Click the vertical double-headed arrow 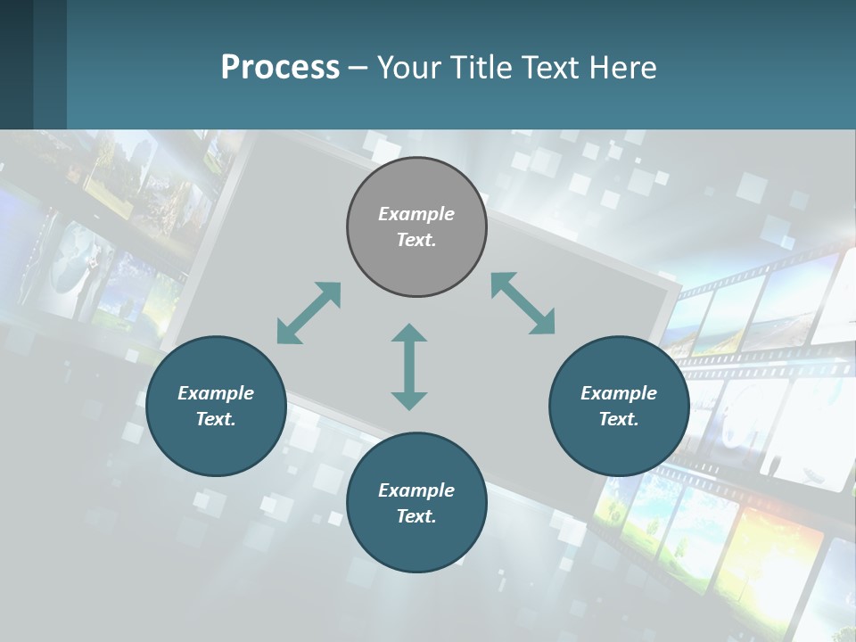point(409,366)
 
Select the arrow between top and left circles point(309,313)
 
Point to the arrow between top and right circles point(523,303)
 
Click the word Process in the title point(280,67)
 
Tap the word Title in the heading point(480,67)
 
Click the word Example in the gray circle point(416,214)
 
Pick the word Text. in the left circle point(216,419)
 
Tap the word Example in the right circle point(619,393)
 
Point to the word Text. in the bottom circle point(416,516)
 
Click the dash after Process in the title point(358,68)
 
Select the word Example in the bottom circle point(416,490)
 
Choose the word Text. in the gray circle point(416,240)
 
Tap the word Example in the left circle point(216,393)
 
